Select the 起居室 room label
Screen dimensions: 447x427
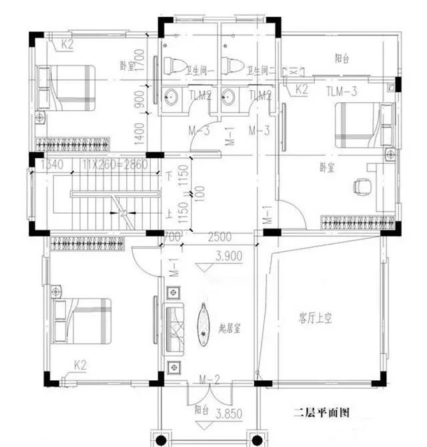point(232,329)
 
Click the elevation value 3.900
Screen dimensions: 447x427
point(227,255)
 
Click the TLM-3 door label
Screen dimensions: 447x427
point(344,91)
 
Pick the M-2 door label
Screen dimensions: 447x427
point(210,381)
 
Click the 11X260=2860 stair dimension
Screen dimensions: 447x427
point(109,164)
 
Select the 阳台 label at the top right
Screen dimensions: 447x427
point(342,59)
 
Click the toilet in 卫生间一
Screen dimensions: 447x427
point(174,65)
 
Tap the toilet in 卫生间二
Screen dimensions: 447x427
point(234,65)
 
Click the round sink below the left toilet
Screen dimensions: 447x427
point(171,97)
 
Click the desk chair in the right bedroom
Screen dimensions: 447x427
point(362,184)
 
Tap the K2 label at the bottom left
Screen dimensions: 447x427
point(80,365)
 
